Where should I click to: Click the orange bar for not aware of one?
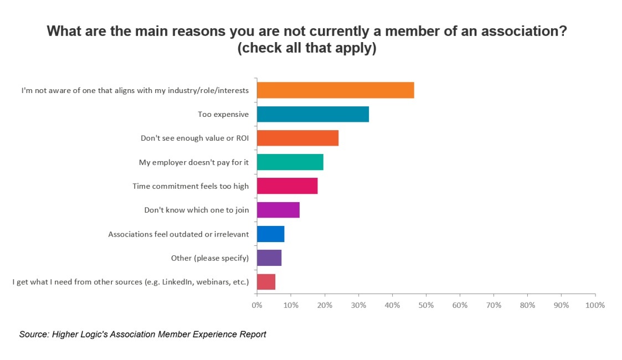pyautogui.click(x=335, y=90)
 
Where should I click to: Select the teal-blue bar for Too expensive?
pyautogui.click(x=312, y=114)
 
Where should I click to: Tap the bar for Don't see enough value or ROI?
pyautogui.click(x=297, y=138)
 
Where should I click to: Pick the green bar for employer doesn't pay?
pyautogui.click(x=290, y=162)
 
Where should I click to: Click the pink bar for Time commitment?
pyautogui.click(x=287, y=186)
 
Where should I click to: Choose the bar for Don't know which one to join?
pyautogui.click(x=278, y=210)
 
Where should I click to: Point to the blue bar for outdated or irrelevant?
pyautogui.click(x=270, y=234)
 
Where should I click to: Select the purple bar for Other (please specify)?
pyautogui.click(x=269, y=258)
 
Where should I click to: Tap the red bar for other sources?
pyautogui.click(x=266, y=282)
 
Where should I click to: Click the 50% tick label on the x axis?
pyautogui.click(x=426, y=305)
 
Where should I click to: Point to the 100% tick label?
pyautogui.click(x=595, y=305)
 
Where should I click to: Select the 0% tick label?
pyautogui.click(x=257, y=305)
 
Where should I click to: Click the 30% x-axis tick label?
pyautogui.click(x=358, y=305)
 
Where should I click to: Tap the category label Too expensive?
pyautogui.click(x=223, y=114)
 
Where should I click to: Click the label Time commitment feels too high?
pyautogui.click(x=191, y=186)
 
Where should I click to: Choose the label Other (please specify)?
pyautogui.click(x=210, y=258)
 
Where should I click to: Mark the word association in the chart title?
pyautogui.click(x=525, y=31)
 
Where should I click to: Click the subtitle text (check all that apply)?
pyautogui.click(x=307, y=49)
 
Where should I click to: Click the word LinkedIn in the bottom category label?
pyautogui.click(x=177, y=282)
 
